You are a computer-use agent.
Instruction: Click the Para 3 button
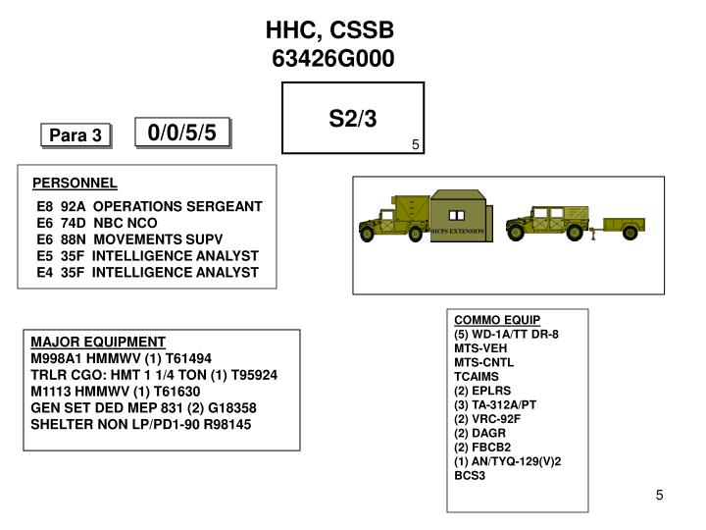point(76,135)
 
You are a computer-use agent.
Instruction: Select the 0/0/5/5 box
point(188,132)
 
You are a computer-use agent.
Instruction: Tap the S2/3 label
point(353,119)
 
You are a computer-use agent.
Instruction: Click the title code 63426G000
point(333,60)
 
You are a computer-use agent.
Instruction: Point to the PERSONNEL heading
point(75,184)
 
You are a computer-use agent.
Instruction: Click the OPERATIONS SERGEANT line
point(149,207)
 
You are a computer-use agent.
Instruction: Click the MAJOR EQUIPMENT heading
point(98,343)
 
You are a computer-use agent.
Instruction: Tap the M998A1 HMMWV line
point(121,358)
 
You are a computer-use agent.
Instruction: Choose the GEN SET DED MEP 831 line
point(144,407)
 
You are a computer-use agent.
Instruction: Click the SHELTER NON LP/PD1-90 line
point(141,424)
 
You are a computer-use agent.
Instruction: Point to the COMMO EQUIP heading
point(497,321)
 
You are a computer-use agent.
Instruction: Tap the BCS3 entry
point(470,476)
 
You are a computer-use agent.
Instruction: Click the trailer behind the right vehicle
point(624,228)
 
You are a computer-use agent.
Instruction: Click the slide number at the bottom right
point(661,495)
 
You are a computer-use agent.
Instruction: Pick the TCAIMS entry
point(477,377)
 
